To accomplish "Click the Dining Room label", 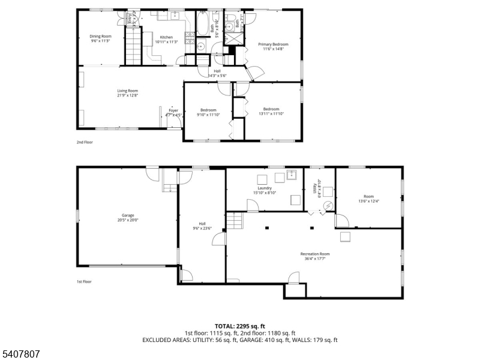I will [101, 39].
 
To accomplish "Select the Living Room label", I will [127, 93].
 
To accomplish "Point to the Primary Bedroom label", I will [273, 46].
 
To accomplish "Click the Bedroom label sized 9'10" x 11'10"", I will [208, 112].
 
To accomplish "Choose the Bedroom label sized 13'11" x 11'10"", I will [271, 111].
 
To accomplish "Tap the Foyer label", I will [173, 112].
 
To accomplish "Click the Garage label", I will [128, 217].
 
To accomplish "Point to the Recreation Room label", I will [315, 256].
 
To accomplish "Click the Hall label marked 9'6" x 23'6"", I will [202, 226].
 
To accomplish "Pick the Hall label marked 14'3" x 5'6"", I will [217, 73].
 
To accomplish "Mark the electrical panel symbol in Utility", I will [328, 205].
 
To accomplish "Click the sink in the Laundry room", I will [292, 175].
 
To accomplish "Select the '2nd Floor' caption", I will [85, 142].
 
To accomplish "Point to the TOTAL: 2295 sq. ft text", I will [239, 326].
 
